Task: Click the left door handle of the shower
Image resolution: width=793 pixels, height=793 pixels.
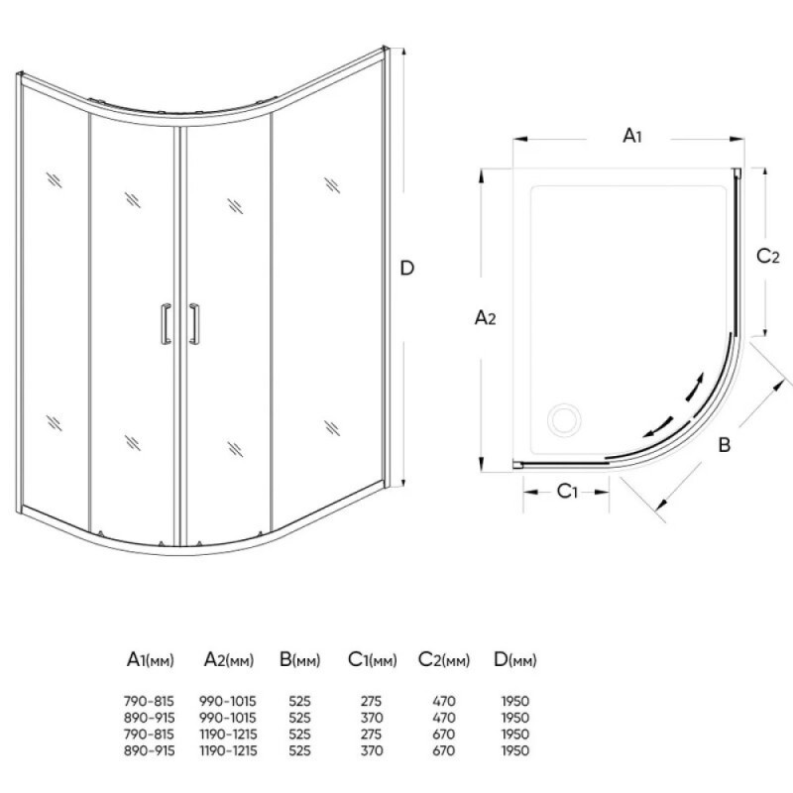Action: tap(166, 324)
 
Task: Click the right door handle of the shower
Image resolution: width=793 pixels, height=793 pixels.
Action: tap(194, 324)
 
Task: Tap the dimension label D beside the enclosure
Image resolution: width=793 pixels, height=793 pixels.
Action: tap(407, 268)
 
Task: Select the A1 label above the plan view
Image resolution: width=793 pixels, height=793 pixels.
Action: tap(632, 135)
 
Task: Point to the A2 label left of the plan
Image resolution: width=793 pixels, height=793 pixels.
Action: tap(485, 317)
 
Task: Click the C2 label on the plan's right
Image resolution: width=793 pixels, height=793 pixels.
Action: tap(767, 256)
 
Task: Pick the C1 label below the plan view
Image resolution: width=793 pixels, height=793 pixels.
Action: tap(567, 491)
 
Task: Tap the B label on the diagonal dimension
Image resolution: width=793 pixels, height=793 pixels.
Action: tap(725, 445)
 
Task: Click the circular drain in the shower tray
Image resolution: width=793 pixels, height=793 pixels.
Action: tap(564, 419)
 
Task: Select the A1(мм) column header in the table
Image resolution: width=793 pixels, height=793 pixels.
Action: tap(151, 659)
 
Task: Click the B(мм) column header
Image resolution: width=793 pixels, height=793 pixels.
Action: tap(300, 659)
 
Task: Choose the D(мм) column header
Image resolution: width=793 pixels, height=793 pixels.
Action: tap(514, 659)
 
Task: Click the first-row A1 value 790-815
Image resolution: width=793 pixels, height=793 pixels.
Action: tap(149, 702)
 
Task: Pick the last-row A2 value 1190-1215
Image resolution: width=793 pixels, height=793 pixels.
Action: tap(228, 750)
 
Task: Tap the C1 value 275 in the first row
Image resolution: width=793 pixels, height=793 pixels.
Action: tap(371, 702)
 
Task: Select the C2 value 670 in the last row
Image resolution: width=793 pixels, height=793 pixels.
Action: tap(443, 750)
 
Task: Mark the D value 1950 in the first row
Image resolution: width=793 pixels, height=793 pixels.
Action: tap(515, 702)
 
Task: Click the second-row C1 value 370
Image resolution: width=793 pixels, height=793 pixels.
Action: tap(372, 718)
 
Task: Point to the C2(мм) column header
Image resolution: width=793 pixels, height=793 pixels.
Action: tap(444, 659)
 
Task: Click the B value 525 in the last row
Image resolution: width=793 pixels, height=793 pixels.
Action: tap(299, 750)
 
